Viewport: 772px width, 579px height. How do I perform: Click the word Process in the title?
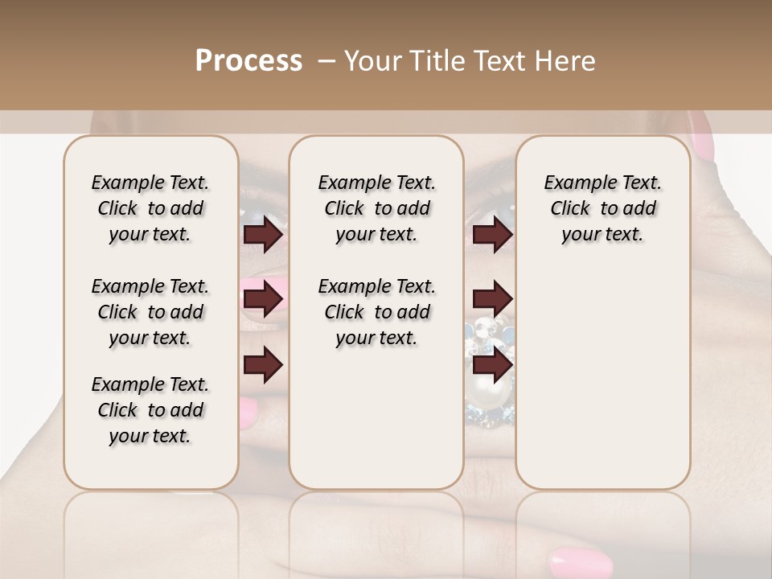pos(248,61)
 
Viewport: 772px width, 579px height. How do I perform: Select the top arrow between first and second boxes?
pos(263,235)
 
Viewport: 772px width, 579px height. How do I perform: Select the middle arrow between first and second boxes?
pos(263,300)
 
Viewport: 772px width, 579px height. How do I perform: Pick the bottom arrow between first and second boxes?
pos(263,364)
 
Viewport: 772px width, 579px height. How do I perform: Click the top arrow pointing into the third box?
pos(492,235)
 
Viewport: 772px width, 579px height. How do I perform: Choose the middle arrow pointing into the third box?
pos(492,298)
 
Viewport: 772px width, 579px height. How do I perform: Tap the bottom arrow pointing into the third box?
pos(492,364)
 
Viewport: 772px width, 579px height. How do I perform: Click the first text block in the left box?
pos(150,208)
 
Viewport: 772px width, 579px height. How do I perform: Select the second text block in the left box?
pos(150,312)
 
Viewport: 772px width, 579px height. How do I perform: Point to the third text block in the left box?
pos(150,410)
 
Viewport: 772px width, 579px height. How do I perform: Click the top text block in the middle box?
pos(376,208)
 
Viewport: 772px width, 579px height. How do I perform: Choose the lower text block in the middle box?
pos(376,312)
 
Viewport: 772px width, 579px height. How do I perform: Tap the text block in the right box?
pos(602,208)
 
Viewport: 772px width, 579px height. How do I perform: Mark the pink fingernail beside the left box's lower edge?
pos(248,413)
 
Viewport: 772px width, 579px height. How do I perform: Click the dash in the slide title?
pos(326,61)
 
